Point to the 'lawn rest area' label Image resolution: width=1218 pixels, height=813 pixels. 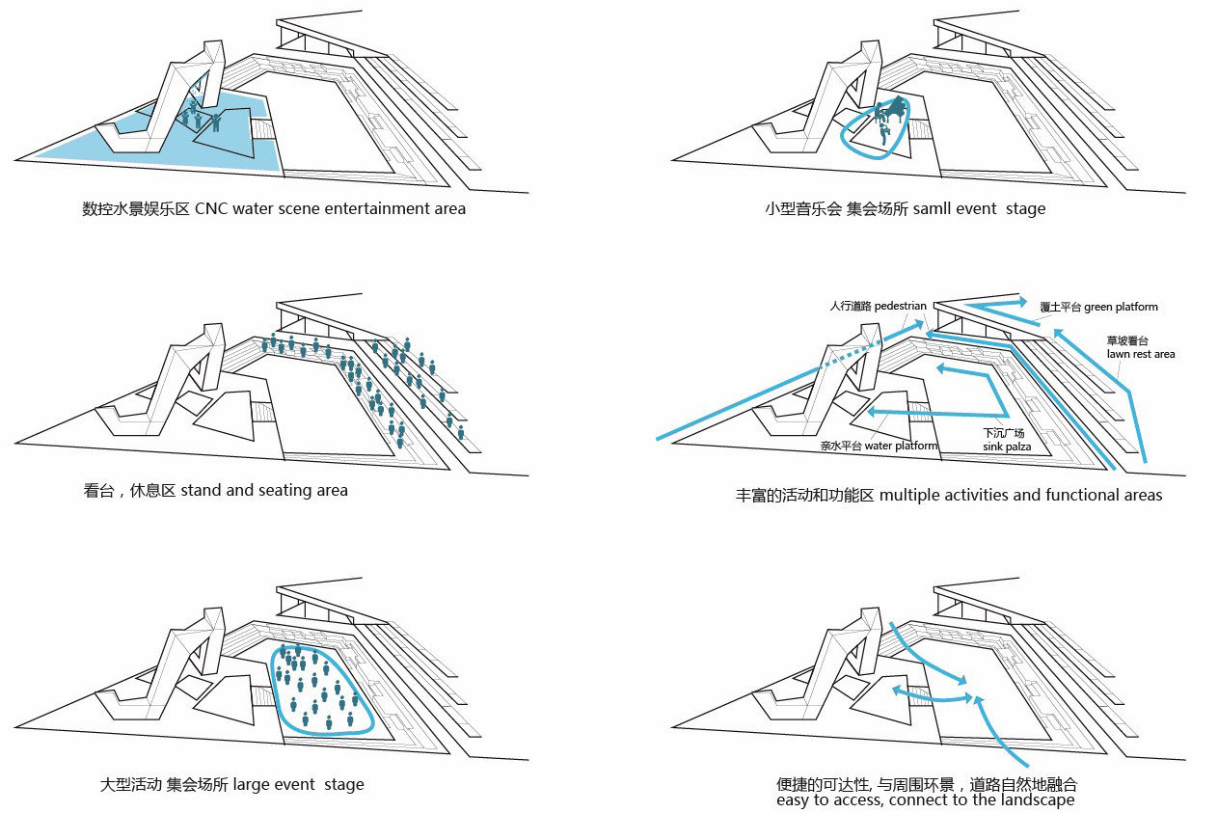coord(1141,354)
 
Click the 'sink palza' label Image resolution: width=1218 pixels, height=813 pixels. coord(1007,447)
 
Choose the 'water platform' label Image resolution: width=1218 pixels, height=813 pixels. coord(901,446)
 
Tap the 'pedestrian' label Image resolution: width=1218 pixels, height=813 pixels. coord(901,306)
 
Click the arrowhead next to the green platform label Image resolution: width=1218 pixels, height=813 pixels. coord(1022,303)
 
